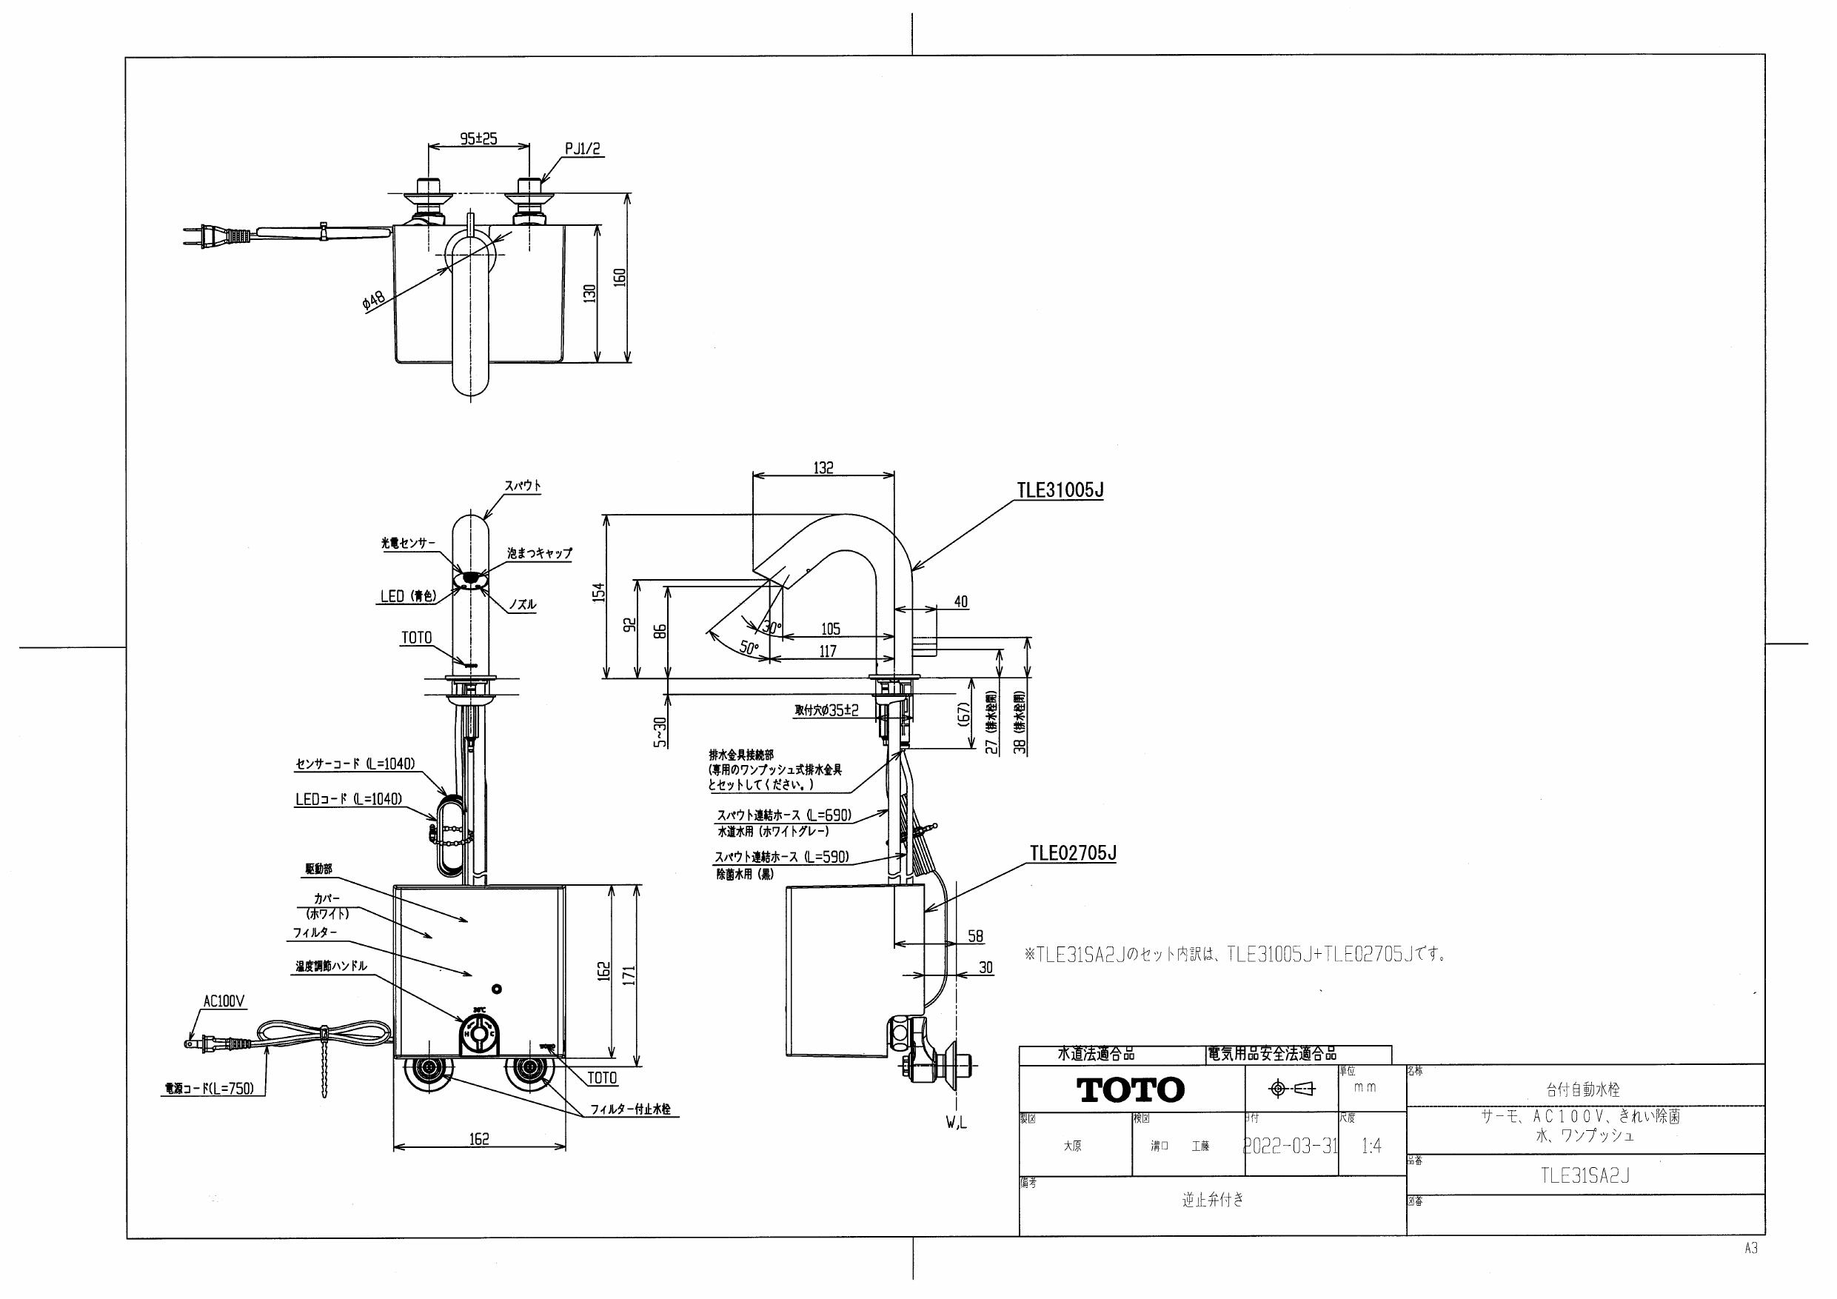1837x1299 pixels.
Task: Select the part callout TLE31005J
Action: click(x=1060, y=490)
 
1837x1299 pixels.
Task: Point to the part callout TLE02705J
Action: click(x=1073, y=853)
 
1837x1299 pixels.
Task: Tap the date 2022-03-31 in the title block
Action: click(x=1290, y=1146)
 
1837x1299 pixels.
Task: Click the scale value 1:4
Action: click(x=1371, y=1146)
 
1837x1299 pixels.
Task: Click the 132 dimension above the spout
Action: click(x=823, y=467)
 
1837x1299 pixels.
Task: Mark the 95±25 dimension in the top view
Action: click(x=478, y=138)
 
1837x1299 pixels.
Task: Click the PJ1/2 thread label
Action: click(x=582, y=149)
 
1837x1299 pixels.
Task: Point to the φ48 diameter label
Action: click(x=374, y=301)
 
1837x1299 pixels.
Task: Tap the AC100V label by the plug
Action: click(x=224, y=1001)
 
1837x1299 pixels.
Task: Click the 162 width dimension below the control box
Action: click(x=479, y=1138)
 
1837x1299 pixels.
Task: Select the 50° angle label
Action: click(x=748, y=648)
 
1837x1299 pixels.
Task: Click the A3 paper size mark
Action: click(x=1751, y=1249)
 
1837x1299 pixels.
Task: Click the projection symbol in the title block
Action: click(x=1292, y=1089)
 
